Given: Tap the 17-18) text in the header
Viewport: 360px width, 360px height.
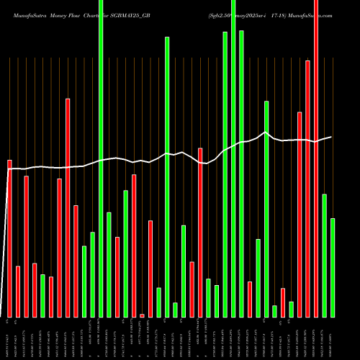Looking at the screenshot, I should tap(288, 6).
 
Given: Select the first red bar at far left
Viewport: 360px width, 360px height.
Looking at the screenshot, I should tap(10, 238).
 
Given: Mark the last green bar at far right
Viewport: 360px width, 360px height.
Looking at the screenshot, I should tap(333, 267).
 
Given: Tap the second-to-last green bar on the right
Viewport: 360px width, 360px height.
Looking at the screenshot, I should tap(324, 255).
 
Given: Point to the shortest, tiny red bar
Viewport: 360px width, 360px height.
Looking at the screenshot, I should tap(143, 315).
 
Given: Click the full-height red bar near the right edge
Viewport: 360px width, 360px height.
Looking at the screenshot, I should tap(316, 158).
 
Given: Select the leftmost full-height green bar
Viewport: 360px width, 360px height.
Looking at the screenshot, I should tap(101, 158).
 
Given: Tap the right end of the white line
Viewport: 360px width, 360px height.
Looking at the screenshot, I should tap(332, 137).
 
